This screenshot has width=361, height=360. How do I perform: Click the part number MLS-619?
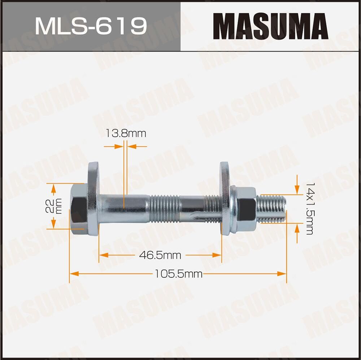91,26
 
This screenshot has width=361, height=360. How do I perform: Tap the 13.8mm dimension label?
126,134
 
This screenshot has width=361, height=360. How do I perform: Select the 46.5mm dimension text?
160,255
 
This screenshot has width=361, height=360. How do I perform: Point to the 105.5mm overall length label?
178,274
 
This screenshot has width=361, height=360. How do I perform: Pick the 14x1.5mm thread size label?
308,208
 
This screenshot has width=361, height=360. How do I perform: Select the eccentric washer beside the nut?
225,199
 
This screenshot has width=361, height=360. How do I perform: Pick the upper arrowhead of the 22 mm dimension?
54,188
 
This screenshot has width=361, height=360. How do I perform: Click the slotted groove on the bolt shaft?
197,217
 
